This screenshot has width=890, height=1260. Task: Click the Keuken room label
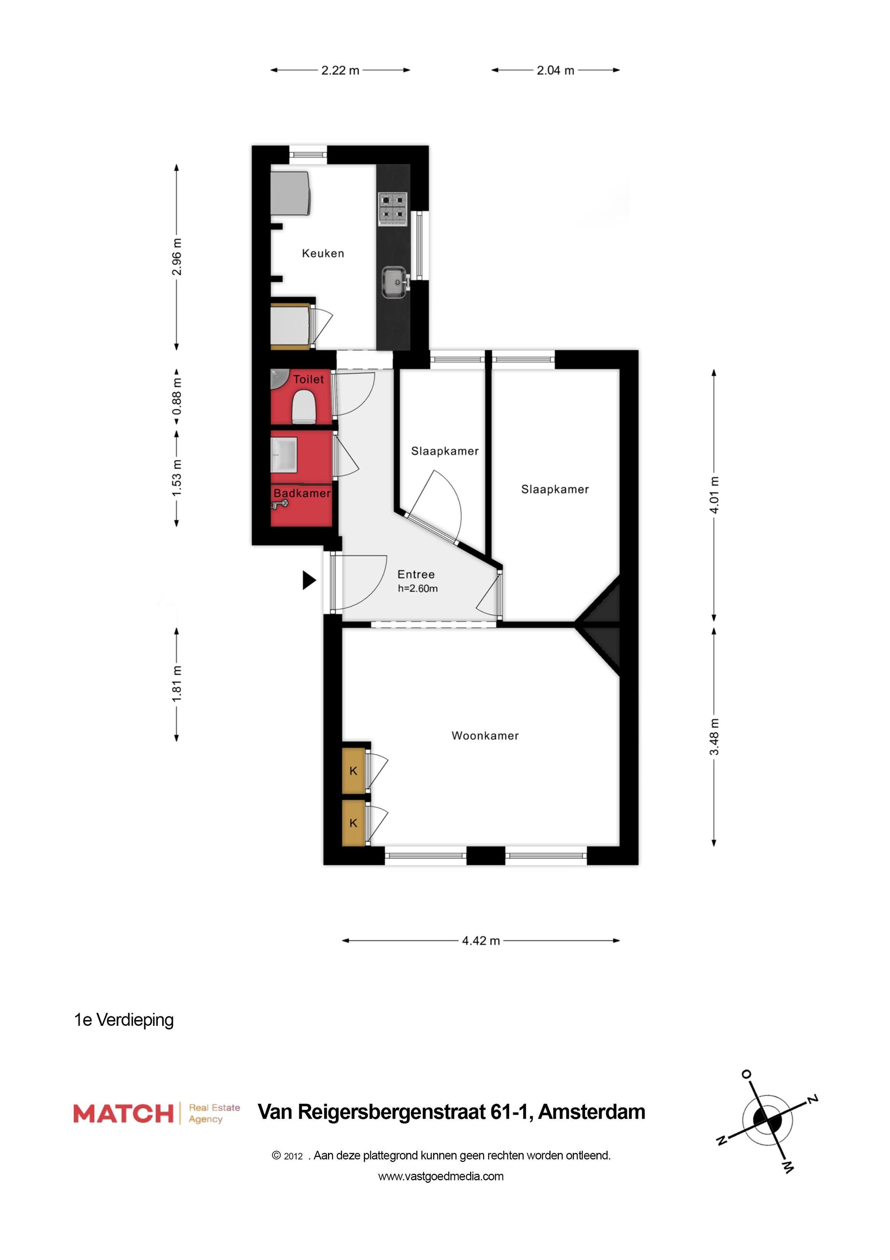point(323,254)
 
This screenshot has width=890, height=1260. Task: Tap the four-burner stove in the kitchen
point(393,209)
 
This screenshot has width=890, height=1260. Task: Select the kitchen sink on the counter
point(394,282)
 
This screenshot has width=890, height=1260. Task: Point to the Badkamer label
point(302,493)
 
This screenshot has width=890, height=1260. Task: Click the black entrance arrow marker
point(309,580)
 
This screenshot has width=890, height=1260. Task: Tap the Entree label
point(416,575)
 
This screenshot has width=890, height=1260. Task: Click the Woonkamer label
point(485,736)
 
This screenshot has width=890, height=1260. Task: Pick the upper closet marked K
point(353,770)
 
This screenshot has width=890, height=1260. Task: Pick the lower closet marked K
point(353,823)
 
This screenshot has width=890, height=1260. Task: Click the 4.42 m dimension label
point(481,941)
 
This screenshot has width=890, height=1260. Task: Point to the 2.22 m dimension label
point(340,70)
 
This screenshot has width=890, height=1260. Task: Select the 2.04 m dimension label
point(555,70)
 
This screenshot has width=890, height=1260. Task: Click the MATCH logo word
point(123,1114)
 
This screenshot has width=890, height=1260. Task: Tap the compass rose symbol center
point(767,1119)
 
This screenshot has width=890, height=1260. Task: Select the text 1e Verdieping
point(124,1020)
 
